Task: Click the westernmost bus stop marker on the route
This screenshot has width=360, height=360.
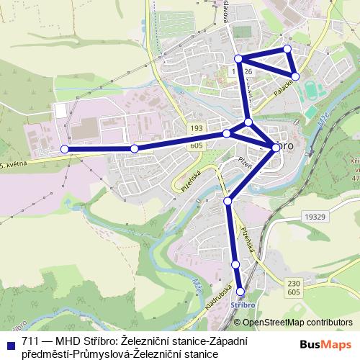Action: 64,149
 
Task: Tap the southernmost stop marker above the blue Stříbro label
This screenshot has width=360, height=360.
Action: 240,292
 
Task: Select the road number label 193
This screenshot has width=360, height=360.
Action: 197,127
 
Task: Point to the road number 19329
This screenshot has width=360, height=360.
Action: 315,216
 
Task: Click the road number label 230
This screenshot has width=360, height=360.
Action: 293,283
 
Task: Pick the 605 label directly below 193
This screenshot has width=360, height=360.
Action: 197,145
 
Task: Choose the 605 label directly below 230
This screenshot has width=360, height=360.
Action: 293,293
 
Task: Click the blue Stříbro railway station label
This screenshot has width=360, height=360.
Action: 242,305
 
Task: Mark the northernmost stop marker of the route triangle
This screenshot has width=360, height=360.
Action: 287,48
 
